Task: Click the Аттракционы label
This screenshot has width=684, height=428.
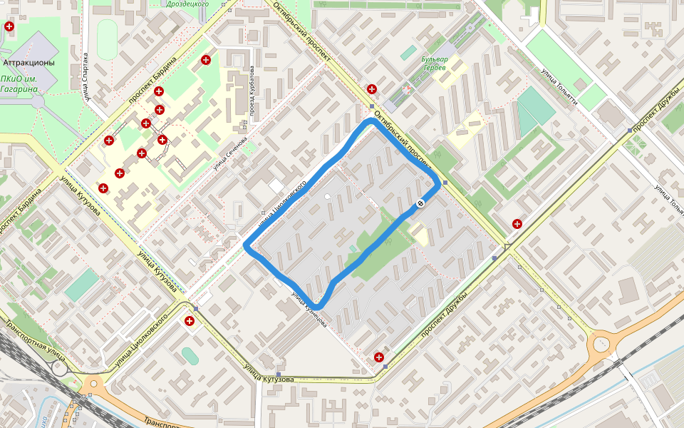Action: [x=28, y=63]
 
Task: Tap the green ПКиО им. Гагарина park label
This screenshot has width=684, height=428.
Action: [x=19, y=84]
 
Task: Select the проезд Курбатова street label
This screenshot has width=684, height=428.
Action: [x=252, y=93]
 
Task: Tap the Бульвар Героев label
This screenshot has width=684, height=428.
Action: [x=434, y=63]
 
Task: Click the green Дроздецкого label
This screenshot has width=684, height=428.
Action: [x=187, y=4]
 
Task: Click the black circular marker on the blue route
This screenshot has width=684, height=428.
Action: [x=420, y=205]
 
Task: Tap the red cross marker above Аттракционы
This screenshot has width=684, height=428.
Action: [x=9, y=26]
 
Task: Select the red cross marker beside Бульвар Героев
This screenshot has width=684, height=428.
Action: [x=371, y=89]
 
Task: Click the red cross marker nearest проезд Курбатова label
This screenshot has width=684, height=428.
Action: [x=206, y=59]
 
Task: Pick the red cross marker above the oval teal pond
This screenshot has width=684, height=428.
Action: [x=190, y=322]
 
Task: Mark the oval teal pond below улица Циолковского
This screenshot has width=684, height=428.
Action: [x=189, y=355]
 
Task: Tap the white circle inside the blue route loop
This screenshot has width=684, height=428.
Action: [x=327, y=196]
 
